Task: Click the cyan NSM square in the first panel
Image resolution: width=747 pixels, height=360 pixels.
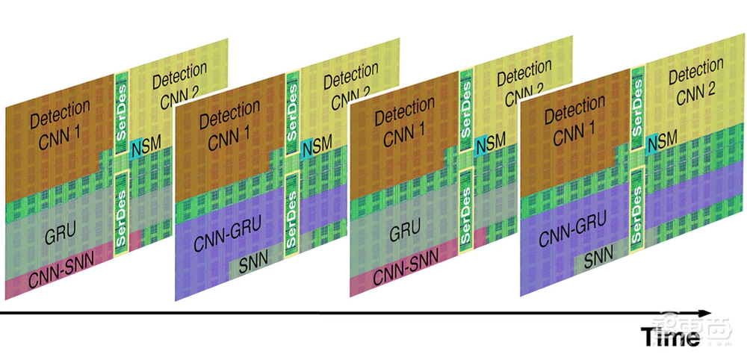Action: pyautogui.click(x=135, y=147)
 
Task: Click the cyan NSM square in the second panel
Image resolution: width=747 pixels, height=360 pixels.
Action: pyautogui.click(x=308, y=148)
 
